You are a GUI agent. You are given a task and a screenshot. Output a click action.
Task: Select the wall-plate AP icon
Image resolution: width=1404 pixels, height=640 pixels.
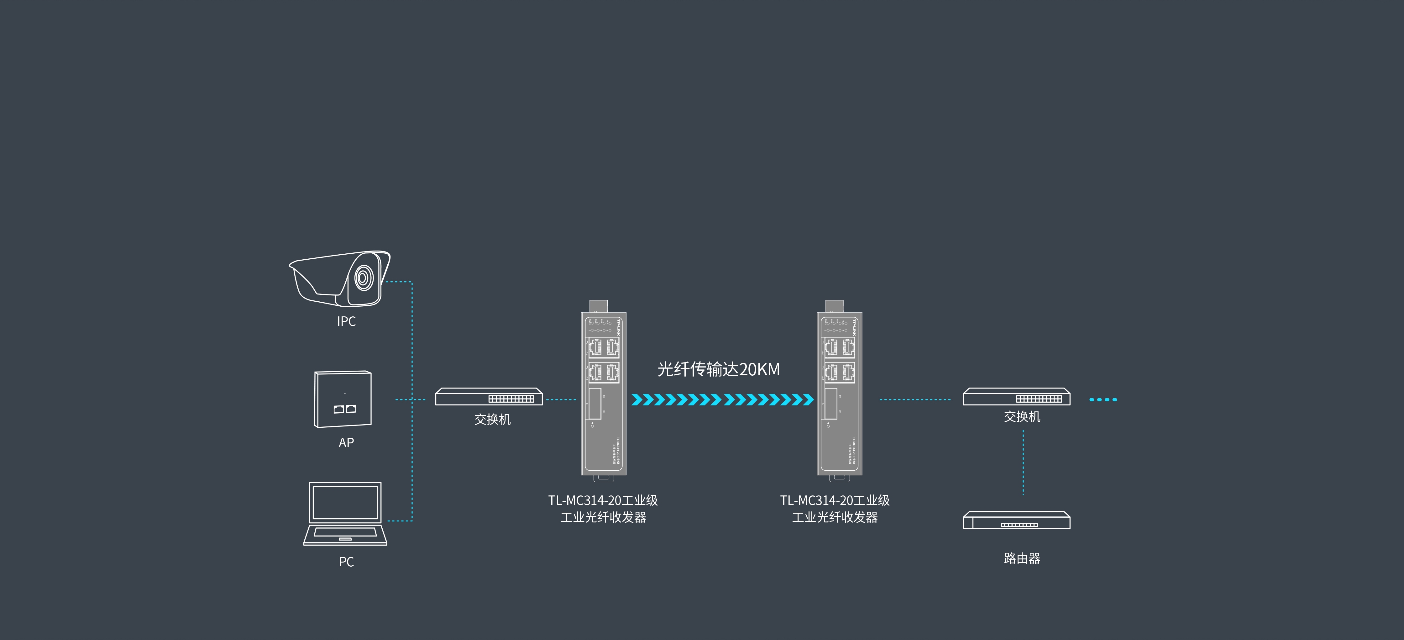coord(343,399)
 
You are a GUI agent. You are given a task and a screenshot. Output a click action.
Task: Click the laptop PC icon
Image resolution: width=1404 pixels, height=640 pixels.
coord(345,514)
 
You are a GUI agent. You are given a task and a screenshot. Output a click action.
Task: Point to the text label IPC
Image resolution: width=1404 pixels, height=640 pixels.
coord(346,322)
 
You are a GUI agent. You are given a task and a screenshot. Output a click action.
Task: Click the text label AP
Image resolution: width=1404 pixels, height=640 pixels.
coord(346,443)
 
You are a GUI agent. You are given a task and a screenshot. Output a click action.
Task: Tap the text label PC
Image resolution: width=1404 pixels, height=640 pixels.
coord(346,562)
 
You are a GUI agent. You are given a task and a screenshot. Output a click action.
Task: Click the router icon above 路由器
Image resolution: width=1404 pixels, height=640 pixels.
coord(1016,520)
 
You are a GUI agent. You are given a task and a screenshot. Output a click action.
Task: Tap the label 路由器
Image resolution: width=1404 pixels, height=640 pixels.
coord(1022,558)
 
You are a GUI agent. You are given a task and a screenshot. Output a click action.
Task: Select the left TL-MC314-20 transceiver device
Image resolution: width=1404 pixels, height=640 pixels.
coord(603,393)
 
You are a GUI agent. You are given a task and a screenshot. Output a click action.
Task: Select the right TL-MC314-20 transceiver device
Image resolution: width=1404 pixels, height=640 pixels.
coord(839,393)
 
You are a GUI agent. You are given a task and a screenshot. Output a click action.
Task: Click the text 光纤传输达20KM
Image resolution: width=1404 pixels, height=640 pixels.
coord(718,370)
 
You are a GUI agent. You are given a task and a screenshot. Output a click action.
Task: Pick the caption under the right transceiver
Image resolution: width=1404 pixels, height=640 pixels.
coord(835,509)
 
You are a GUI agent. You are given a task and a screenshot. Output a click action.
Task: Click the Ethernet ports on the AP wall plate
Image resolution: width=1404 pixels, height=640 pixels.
coord(344,408)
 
